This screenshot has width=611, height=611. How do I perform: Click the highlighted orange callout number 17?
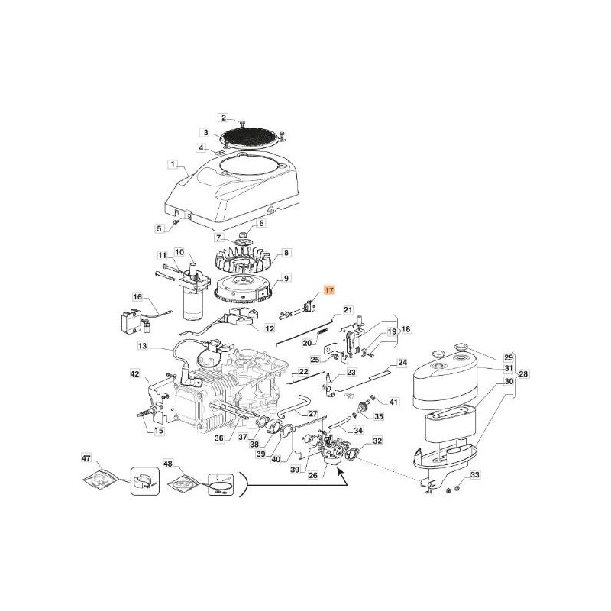[329, 290]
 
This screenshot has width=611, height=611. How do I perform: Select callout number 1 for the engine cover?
[173, 163]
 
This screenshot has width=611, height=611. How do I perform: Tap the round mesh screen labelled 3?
[254, 138]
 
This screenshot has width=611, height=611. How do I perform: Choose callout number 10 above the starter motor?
[180, 252]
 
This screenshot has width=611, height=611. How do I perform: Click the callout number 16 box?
[137, 296]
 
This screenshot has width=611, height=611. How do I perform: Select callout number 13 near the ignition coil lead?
[142, 346]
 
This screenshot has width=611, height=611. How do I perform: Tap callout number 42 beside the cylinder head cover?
[134, 373]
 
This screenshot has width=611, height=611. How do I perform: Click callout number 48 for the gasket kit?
[168, 464]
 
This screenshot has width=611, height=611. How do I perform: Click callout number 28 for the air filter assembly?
[522, 373]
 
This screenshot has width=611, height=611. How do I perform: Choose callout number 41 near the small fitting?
[394, 401]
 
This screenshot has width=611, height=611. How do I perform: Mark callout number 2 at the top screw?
[224, 117]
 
